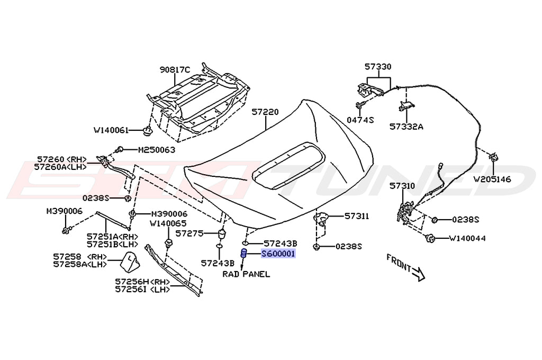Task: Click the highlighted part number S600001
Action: click(278, 254)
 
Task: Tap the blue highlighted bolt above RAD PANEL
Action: click(243, 254)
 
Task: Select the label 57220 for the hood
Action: click(265, 112)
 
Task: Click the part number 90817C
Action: click(175, 70)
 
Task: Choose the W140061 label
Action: click(111, 130)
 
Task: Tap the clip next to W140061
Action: click(148, 131)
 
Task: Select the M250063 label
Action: click(157, 150)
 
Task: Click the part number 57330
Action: click(378, 66)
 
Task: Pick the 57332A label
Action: click(406, 127)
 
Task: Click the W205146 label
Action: click(492, 179)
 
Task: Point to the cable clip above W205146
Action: click(493, 157)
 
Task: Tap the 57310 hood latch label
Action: click(402, 186)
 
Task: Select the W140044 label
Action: click(467, 238)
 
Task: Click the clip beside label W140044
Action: click(430, 238)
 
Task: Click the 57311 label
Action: click(357, 217)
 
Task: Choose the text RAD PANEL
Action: click(246, 274)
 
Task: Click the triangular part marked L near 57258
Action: click(130, 261)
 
